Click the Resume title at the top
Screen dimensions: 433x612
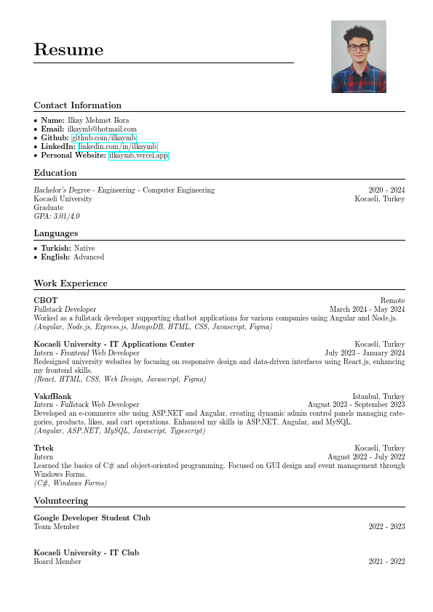point(68,50)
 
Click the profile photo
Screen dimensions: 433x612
point(358,57)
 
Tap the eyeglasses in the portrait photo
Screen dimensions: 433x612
point(357,47)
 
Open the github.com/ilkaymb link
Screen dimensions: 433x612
point(103,138)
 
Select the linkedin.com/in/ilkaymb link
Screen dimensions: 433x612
point(117,147)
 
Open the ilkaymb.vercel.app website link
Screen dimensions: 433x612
point(138,156)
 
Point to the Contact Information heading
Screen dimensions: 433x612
point(77,105)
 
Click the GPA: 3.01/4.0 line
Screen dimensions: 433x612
point(57,217)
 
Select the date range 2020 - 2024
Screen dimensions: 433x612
point(386,190)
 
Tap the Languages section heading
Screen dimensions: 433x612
point(55,233)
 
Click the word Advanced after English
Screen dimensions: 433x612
point(89,257)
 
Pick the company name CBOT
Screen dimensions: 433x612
point(45,300)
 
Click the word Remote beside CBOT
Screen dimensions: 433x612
point(392,300)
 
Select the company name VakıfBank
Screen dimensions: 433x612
point(52,396)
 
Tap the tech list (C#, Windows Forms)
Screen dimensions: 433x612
point(70,483)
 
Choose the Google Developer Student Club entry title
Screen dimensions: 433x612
point(92,518)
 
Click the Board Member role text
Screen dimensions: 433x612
point(57,562)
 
